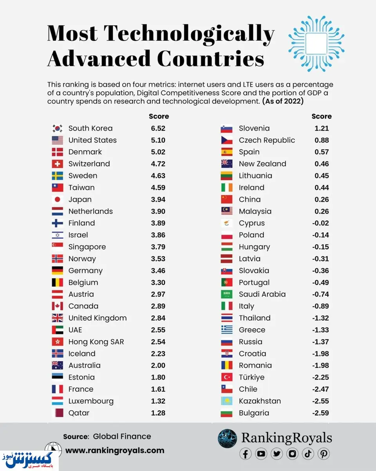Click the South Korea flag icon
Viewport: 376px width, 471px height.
pyautogui.click(x=57, y=128)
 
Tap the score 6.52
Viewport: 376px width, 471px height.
pyautogui.click(x=158, y=128)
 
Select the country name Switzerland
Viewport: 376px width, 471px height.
pyautogui.click(x=89, y=164)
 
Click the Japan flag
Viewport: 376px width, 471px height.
pyautogui.click(x=57, y=199)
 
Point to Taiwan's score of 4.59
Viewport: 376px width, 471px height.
pyautogui.click(x=158, y=188)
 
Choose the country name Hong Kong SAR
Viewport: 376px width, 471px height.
pyautogui.click(x=96, y=341)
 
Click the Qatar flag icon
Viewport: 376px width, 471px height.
pyautogui.click(x=57, y=413)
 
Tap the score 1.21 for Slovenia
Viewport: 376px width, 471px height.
pyautogui.click(x=321, y=128)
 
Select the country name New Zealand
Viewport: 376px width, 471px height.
pyautogui.click(x=262, y=164)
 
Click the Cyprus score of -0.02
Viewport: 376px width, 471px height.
pyautogui.click(x=320, y=223)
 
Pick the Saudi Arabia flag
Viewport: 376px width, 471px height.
pyautogui.click(x=227, y=294)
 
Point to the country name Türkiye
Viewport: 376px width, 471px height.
pyautogui.click(x=251, y=377)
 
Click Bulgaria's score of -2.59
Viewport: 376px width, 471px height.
pyautogui.click(x=320, y=413)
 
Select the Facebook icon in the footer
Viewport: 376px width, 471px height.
pyautogui.click(x=246, y=454)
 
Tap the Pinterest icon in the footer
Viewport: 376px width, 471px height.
pyautogui.click(x=324, y=454)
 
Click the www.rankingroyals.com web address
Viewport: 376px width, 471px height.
pyautogui.click(x=115, y=450)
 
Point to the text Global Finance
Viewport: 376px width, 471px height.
pyautogui.click(x=122, y=436)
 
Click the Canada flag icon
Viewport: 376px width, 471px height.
pyautogui.click(x=57, y=306)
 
